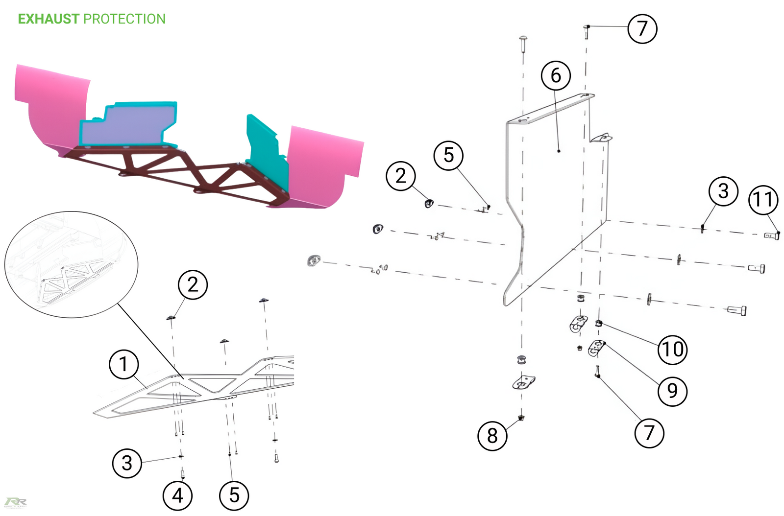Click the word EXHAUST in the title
click(48, 19)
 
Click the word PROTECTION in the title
click(124, 19)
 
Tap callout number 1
click(123, 364)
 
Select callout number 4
click(177, 495)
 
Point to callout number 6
click(556, 75)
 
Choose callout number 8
click(492, 436)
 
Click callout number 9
click(672, 391)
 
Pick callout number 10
click(672, 350)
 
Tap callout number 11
click(763, 200)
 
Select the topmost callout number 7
click(642, 29)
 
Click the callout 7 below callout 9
click(649, 433)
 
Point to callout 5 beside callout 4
click(234, 495)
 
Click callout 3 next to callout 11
click(723, 191)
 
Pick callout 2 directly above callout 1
click(193, 284)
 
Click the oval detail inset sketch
click(71, 264)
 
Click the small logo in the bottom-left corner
click(15, 502)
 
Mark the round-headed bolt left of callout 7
click(523, 42)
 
